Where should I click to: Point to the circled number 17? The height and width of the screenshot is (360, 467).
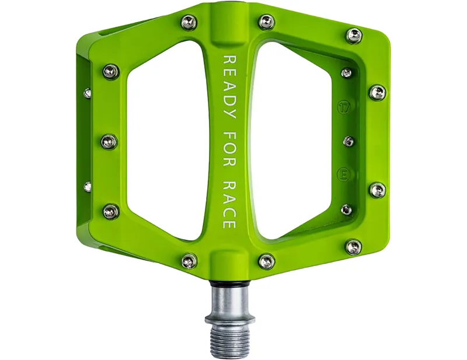tap(344, 108)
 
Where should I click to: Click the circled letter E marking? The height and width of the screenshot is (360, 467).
tap(344, 173)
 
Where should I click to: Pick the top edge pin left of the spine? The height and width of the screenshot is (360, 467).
tap(188, 23)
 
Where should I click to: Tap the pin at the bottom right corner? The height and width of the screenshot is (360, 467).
tap(353, 247)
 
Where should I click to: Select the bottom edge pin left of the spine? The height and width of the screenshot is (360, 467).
tap(189, 261)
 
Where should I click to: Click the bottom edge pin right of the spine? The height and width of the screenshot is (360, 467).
tap(266, 261)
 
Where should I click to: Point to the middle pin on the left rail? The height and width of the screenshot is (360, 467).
tap(109, 141)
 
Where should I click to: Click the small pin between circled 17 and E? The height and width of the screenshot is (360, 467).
tap(348, 141)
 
